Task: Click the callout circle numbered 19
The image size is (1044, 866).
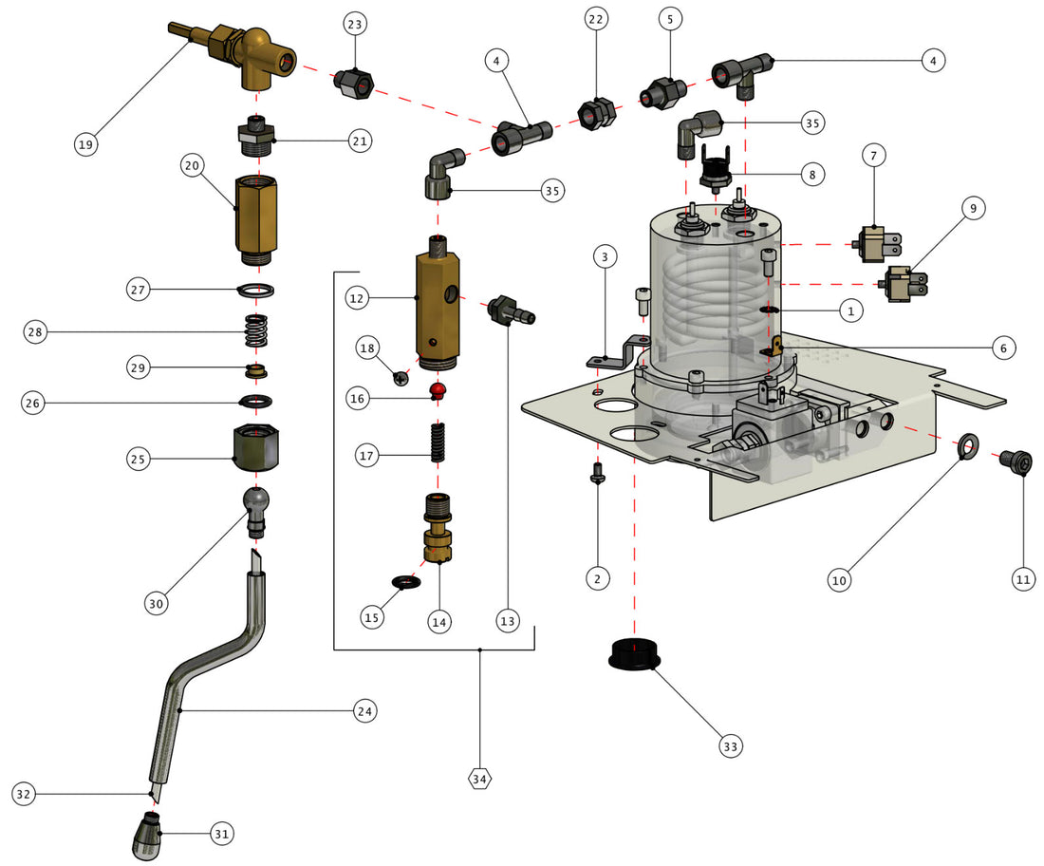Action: pyautogui.click(x=87, y=144)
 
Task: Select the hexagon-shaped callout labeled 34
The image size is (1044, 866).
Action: pyautogui.click(x=480, y=779)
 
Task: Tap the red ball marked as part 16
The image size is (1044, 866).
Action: pyautogui.click(x=438, y=390)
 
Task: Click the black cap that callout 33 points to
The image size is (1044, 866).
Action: pyautogui.click(x=634, y=654)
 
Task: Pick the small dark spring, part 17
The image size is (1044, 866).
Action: pyautogui.click(x=438, y=442)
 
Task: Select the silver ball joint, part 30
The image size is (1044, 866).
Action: pyautogui.click(x=256, y=505)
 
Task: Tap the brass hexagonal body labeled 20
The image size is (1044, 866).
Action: pyautogui.click(x=254, y=217)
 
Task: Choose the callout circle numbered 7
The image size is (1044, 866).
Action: pyautogui.click(x=875, y=156)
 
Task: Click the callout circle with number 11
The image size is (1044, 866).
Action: pyautogui.click(x=1023, y=578)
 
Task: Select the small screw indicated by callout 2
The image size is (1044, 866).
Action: pyautogui.click(x=597, y=473)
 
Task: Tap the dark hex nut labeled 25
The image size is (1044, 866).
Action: pyautogui.click(x=254, y=445)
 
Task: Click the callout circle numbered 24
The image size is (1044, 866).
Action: pyautogui.click(x=364, y=710)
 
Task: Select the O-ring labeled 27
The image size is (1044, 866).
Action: pyautogui.click(x=254, y=289)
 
